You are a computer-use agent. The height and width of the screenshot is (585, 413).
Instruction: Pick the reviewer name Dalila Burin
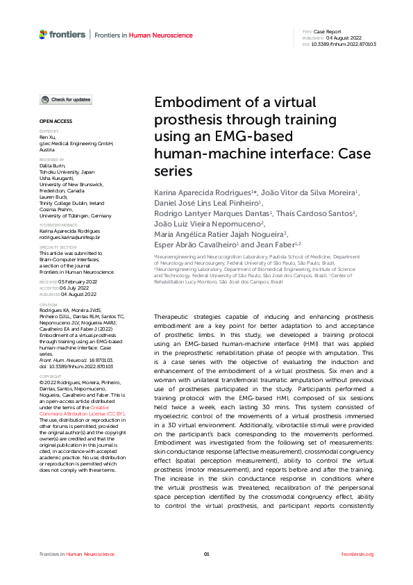click(x=53, y=165)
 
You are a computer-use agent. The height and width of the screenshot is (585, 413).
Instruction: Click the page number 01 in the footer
click(x=206, y=554)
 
